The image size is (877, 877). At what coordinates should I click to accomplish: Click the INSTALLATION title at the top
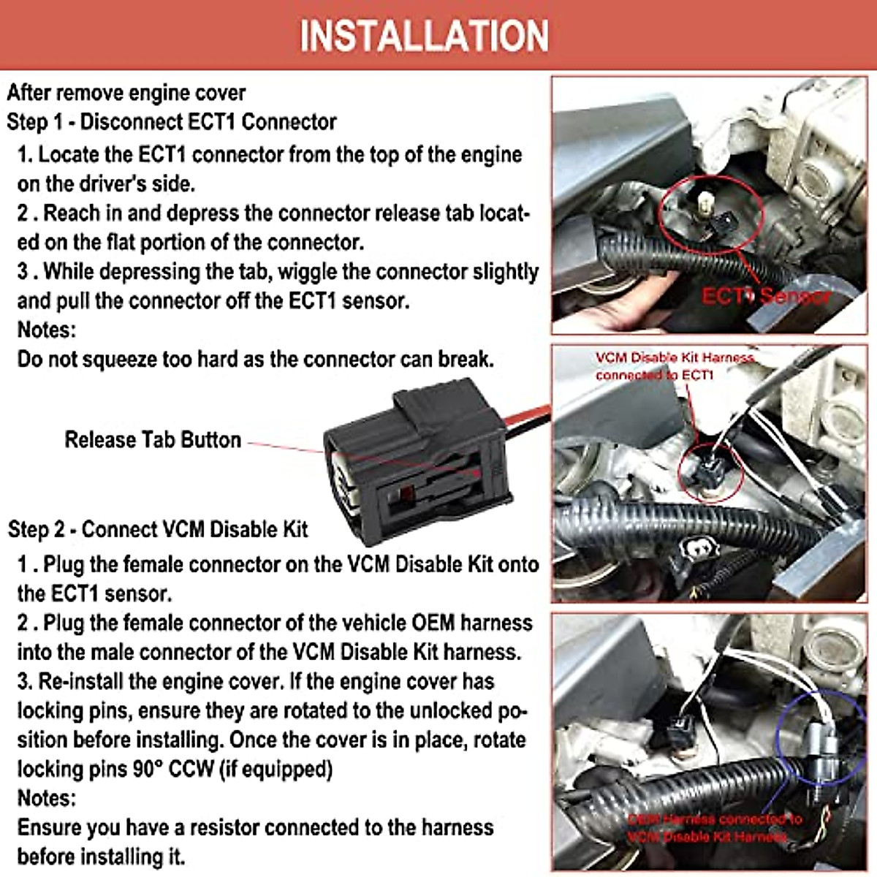pyautogui.click(x=424, y=35)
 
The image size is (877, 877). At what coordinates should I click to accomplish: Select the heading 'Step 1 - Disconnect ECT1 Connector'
pyautogui.click(x=172, y=121)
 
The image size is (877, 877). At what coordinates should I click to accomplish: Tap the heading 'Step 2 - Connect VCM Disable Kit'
pyautogui.click(x=158, y=529)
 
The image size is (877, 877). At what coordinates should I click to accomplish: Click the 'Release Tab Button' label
pyautogui.click(x=153, y=439)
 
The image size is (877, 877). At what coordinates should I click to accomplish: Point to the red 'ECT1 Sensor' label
pyautogui.click(x=765, y=296)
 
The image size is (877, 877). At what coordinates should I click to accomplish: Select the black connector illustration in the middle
pyautogui.click(x=417, y=453)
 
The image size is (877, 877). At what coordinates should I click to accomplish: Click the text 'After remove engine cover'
pyautogui.click(x=126, y=93)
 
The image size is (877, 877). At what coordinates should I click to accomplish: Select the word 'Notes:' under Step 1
pyautogui.click(x=46, y=330)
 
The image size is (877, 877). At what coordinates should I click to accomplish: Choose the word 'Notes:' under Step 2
pyautogui.click(x=46, y=797)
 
